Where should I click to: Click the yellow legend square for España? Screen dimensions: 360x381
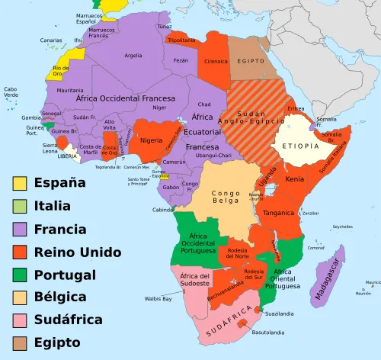click(20, 183)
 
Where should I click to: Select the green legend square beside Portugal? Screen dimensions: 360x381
click(20, 275)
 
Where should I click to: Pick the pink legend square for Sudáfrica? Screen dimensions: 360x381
click(20, 320)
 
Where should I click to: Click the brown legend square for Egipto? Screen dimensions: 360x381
click(20, 343)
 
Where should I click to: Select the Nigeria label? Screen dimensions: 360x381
click(152, 140)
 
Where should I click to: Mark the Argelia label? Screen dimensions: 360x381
click(133, 56)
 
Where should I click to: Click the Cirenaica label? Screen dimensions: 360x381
click(216, 60)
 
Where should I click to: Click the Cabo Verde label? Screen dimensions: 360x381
click(11, 92)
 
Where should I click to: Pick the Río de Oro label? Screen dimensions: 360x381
click(61, 71)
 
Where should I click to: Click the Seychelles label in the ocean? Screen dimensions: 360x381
click(341, 227)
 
